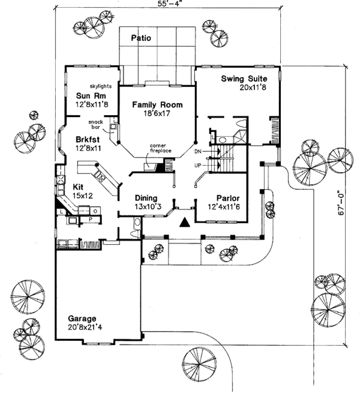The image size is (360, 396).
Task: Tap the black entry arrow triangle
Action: coord(185,223)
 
